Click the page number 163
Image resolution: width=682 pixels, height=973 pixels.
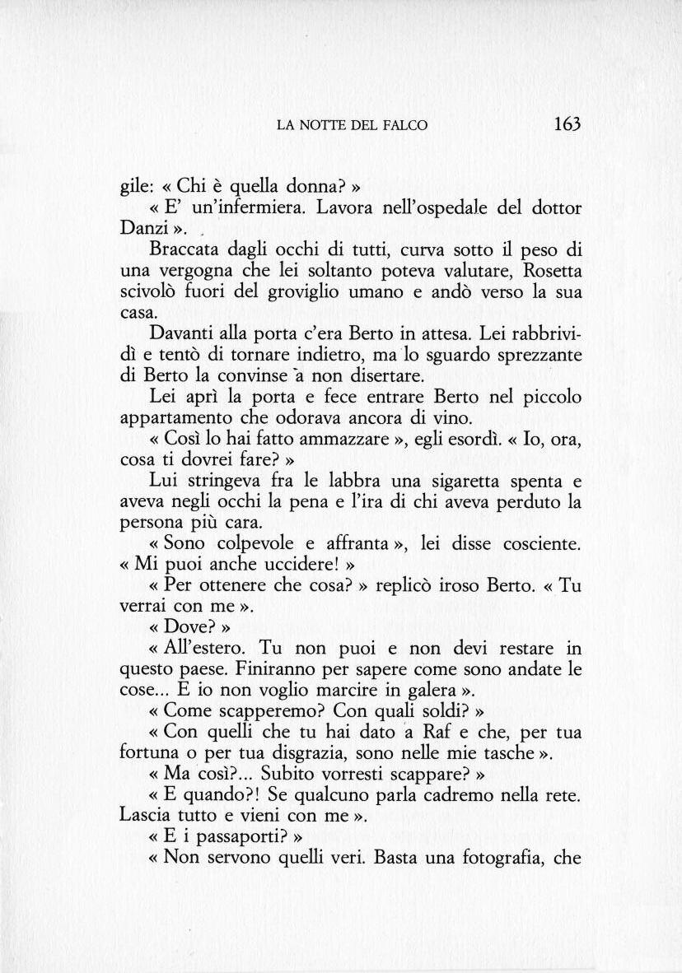[568, 124]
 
